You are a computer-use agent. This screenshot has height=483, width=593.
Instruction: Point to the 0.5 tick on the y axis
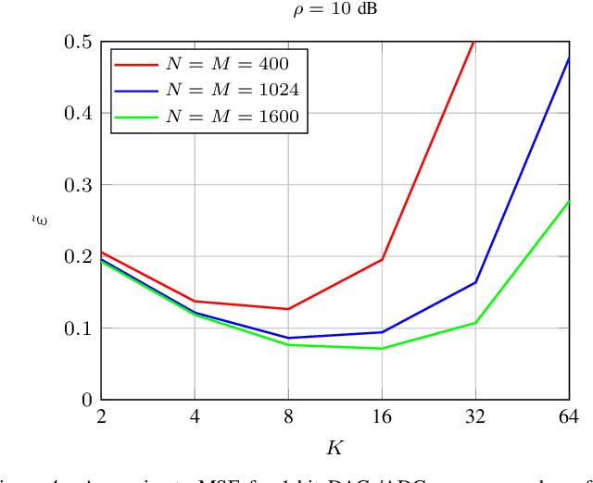click(x=79, y=43)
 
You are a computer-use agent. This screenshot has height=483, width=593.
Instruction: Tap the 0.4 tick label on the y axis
click(x=79, y=114)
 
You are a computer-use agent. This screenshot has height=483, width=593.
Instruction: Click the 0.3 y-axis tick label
click(x=79, y=185)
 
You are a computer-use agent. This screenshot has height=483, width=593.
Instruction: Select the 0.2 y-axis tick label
click(x=79, y=256)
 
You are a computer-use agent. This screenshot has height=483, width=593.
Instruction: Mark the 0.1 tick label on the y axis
click(x=79, y=328)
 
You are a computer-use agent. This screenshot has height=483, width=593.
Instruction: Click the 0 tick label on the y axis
click(x=87, y=400)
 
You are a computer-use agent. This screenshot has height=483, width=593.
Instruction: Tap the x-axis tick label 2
click(x=101, y=416)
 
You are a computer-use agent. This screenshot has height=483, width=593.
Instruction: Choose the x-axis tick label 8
click(x=288, y=416)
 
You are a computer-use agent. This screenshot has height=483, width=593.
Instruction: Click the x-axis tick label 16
click(x=382, y=416)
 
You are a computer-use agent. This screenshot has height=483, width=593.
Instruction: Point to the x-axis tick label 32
click(x=475, y=416)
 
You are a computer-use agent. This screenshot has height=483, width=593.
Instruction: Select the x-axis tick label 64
click(x=568, y=416)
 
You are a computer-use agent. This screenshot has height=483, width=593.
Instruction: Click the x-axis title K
click(x=334, y=449)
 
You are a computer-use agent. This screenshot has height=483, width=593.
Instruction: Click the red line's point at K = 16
click(x=382, y=259)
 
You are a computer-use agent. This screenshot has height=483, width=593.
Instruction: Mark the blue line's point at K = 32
click(x=475, y=282)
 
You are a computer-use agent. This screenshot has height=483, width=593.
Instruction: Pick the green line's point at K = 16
click(x=382, y=348)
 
